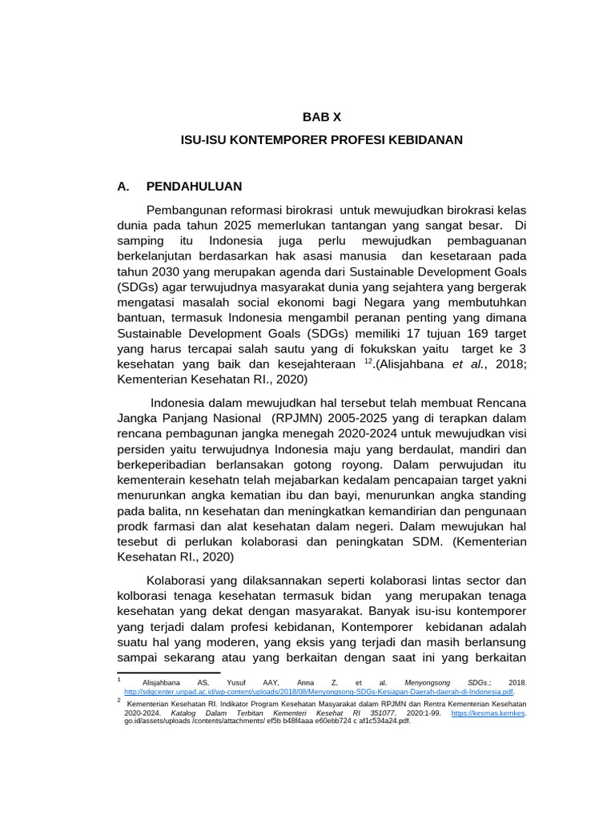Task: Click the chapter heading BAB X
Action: click(321, 116)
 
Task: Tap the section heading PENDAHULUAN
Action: click(194, 186)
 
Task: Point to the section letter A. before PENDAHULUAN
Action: click(123, 186)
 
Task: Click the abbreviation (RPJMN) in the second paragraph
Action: click(299, 416)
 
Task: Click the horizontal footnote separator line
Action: click(157, 673)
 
